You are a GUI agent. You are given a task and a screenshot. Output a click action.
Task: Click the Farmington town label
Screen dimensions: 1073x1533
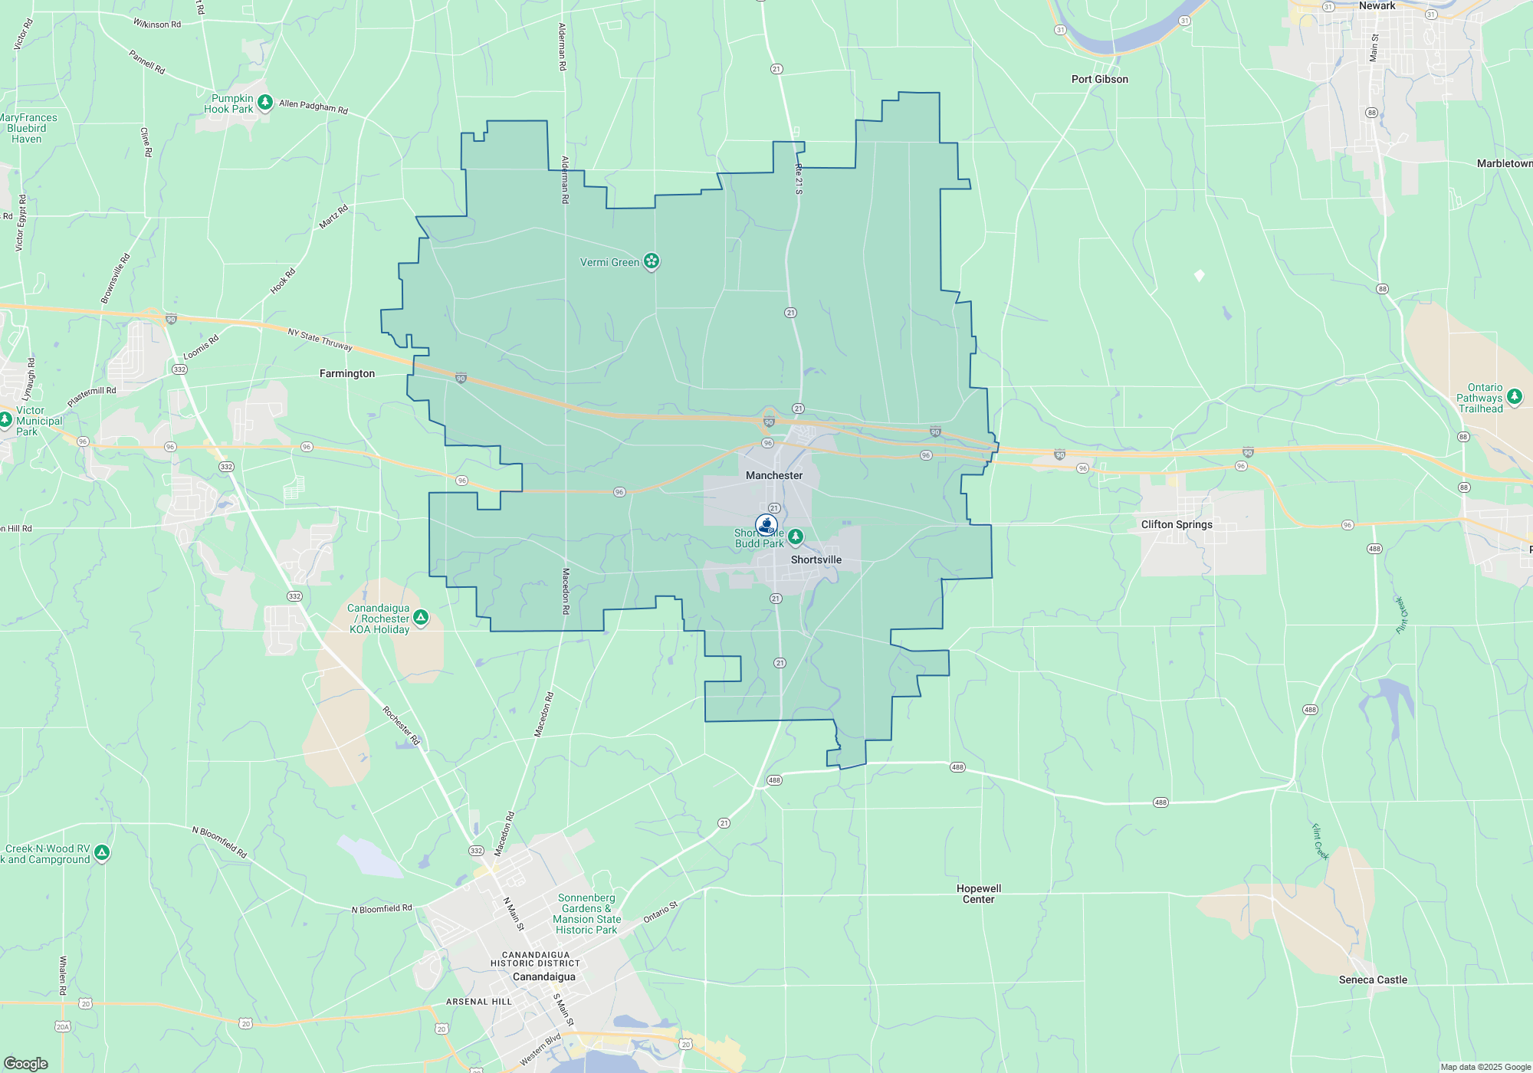(347, 374)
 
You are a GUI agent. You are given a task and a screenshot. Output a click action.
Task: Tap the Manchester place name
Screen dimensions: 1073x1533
(774, 476)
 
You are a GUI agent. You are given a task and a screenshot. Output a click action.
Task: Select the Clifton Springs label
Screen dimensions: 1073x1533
(1177, 525)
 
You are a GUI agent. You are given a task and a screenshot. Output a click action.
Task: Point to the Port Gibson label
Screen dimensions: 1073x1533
(1099, 80)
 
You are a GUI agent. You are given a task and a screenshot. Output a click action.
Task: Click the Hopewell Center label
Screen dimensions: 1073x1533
(979, 894)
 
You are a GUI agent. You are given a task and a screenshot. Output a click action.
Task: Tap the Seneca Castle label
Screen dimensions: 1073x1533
(1373, 980)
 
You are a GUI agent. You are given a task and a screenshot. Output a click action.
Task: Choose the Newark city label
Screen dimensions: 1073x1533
(1377, 6)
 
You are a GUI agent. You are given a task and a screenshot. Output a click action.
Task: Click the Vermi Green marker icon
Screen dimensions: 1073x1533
(651, 261)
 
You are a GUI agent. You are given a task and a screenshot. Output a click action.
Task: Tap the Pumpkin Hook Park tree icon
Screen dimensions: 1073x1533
(265, 102)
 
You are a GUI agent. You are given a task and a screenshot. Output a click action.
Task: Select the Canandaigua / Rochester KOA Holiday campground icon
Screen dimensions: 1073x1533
(421, 617)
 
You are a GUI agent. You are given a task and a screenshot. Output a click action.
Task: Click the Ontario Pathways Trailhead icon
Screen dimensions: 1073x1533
(1514, 396)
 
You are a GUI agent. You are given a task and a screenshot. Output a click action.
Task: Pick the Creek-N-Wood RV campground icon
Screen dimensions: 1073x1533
(102, 852)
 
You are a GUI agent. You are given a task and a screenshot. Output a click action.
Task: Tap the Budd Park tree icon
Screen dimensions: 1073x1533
(796, 536)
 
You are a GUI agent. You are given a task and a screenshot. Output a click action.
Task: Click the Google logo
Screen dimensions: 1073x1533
(25, 1064)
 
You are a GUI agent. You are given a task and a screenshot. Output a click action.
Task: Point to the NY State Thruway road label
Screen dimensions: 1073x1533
(320, 340)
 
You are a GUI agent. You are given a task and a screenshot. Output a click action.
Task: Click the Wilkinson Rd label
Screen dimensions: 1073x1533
(157, 25)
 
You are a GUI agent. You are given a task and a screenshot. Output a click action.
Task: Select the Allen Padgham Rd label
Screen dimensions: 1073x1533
(313, 107)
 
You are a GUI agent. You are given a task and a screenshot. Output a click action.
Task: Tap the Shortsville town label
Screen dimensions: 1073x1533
(816, 560)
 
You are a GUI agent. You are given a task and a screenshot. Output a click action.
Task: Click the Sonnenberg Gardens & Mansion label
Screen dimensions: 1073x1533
(586, 914)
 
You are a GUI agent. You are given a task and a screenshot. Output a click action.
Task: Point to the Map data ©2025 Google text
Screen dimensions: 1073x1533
(1485, 1067)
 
